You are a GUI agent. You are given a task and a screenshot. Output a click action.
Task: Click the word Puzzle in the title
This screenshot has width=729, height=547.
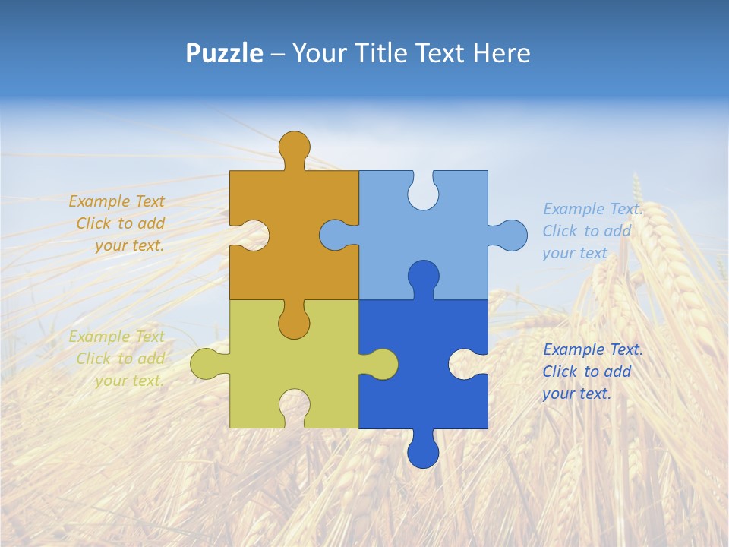coord(225,54)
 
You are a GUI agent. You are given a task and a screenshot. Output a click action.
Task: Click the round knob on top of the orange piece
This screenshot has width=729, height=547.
coord(294,147)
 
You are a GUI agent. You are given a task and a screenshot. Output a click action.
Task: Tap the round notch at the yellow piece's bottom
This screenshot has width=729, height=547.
coord(294,406)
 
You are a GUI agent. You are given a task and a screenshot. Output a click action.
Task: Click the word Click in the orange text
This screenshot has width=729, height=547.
coord(94,223)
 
